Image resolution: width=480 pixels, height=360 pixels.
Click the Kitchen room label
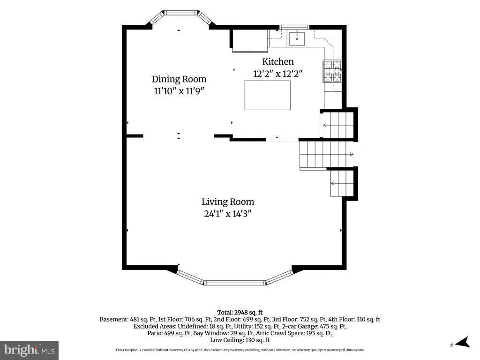[x=277, y=61]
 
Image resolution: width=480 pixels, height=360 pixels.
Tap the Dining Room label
[x=179, y=79]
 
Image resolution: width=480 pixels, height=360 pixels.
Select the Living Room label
[x=228, y=202]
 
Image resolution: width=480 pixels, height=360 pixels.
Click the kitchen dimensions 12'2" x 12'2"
[x=277, y=74]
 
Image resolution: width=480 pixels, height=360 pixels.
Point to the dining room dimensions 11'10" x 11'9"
[x=179, y=91]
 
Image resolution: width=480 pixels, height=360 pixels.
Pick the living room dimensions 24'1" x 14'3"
[x=228, y=214]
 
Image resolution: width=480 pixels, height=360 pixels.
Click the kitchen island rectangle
[x=267, y=95]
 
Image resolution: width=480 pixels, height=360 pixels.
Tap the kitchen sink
[x=297, y=38]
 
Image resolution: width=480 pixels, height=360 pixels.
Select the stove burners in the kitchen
[x=332, y=71]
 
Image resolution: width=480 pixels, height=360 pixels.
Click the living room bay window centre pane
[x=234, y=283]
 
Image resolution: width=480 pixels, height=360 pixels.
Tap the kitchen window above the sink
[x=294, y=27]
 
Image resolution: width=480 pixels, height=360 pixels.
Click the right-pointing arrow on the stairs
[x=352, y=154]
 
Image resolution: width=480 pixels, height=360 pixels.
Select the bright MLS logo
[x=30, y=350]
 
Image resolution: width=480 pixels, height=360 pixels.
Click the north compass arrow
[x=463, y=342]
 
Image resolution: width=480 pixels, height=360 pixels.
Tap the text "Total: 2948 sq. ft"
[x=240, y=313]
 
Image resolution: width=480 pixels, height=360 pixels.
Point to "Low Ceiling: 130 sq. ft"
[x=240, y=340]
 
